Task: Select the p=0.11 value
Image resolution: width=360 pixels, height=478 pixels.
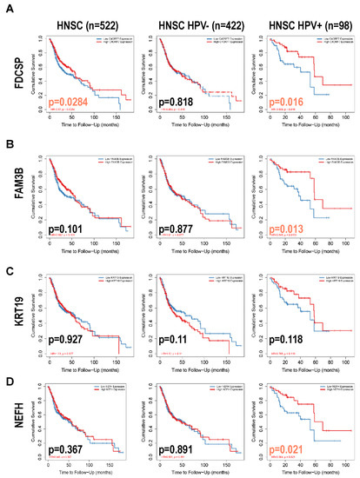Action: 177,335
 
